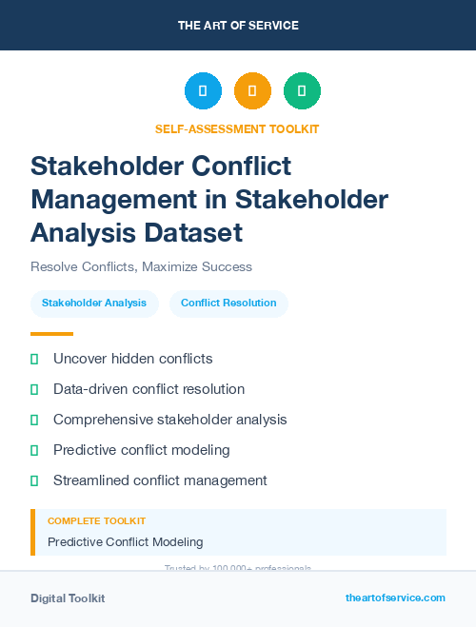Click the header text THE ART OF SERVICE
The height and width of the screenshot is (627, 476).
click(238, 26)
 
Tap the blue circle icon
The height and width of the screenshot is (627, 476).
click(203, 91)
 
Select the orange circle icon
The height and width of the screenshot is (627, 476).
click(252, 91)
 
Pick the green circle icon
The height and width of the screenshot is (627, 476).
click(302, 91)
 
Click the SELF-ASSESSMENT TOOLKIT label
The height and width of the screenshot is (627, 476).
click(238, 128)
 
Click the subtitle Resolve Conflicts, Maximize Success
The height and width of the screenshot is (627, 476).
click(141, 267)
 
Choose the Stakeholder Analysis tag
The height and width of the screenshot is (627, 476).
click(94, 304)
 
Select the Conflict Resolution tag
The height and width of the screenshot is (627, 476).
click(228, 304)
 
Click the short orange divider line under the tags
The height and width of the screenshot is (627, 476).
click(51, 334)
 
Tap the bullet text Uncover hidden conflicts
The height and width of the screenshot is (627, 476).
click(132, 359)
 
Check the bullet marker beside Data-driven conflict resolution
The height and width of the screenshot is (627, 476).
click(34, 389)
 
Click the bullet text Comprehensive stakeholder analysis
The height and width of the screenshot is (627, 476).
click(169, 420)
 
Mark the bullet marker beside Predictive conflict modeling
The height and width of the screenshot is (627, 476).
click(34, 450)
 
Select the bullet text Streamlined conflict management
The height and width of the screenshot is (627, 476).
click(160, 480)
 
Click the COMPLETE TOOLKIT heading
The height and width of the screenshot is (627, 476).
click(96, 521)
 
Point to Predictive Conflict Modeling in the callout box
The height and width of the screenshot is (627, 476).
click(125, 542)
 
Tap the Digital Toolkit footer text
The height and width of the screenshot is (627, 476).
click(68, 598)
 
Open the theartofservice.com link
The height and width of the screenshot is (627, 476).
click(395, 598)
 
